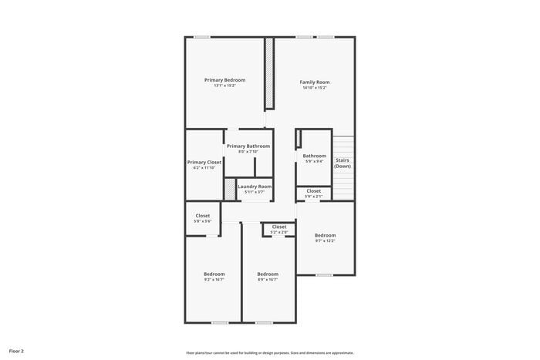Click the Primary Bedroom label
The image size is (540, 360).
click(x=224, y=80)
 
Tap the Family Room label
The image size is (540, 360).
click(x=315, y=82)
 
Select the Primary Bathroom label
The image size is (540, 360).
click(x=248, y=146)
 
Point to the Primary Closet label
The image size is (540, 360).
click(x=204, y=162)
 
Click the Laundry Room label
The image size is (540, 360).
click(x=255, y=186)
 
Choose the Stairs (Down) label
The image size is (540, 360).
click(x=343, y=163)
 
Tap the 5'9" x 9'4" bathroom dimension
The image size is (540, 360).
click(x=315, y=161)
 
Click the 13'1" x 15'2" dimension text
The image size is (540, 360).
click(x=224, y=86)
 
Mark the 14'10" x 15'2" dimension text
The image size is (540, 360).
click(x=315, y=88)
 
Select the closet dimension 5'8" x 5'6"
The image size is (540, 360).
click(x=203, y=222)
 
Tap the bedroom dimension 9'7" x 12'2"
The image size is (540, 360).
click(x=325, y=241)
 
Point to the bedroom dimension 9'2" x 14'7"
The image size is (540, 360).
click(x=214, y=279)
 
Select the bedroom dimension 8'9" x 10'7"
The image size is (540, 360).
click(x=268, y=279)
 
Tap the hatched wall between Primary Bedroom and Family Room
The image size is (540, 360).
click(x=269, y=73)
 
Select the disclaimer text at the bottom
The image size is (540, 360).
click(x=270, y=352)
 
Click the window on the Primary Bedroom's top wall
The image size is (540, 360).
click(x=202, y=36)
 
